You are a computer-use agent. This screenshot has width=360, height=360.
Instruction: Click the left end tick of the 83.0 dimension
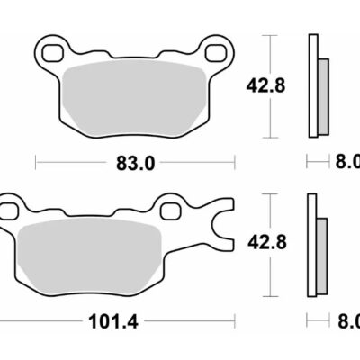[x=36, y=163]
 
